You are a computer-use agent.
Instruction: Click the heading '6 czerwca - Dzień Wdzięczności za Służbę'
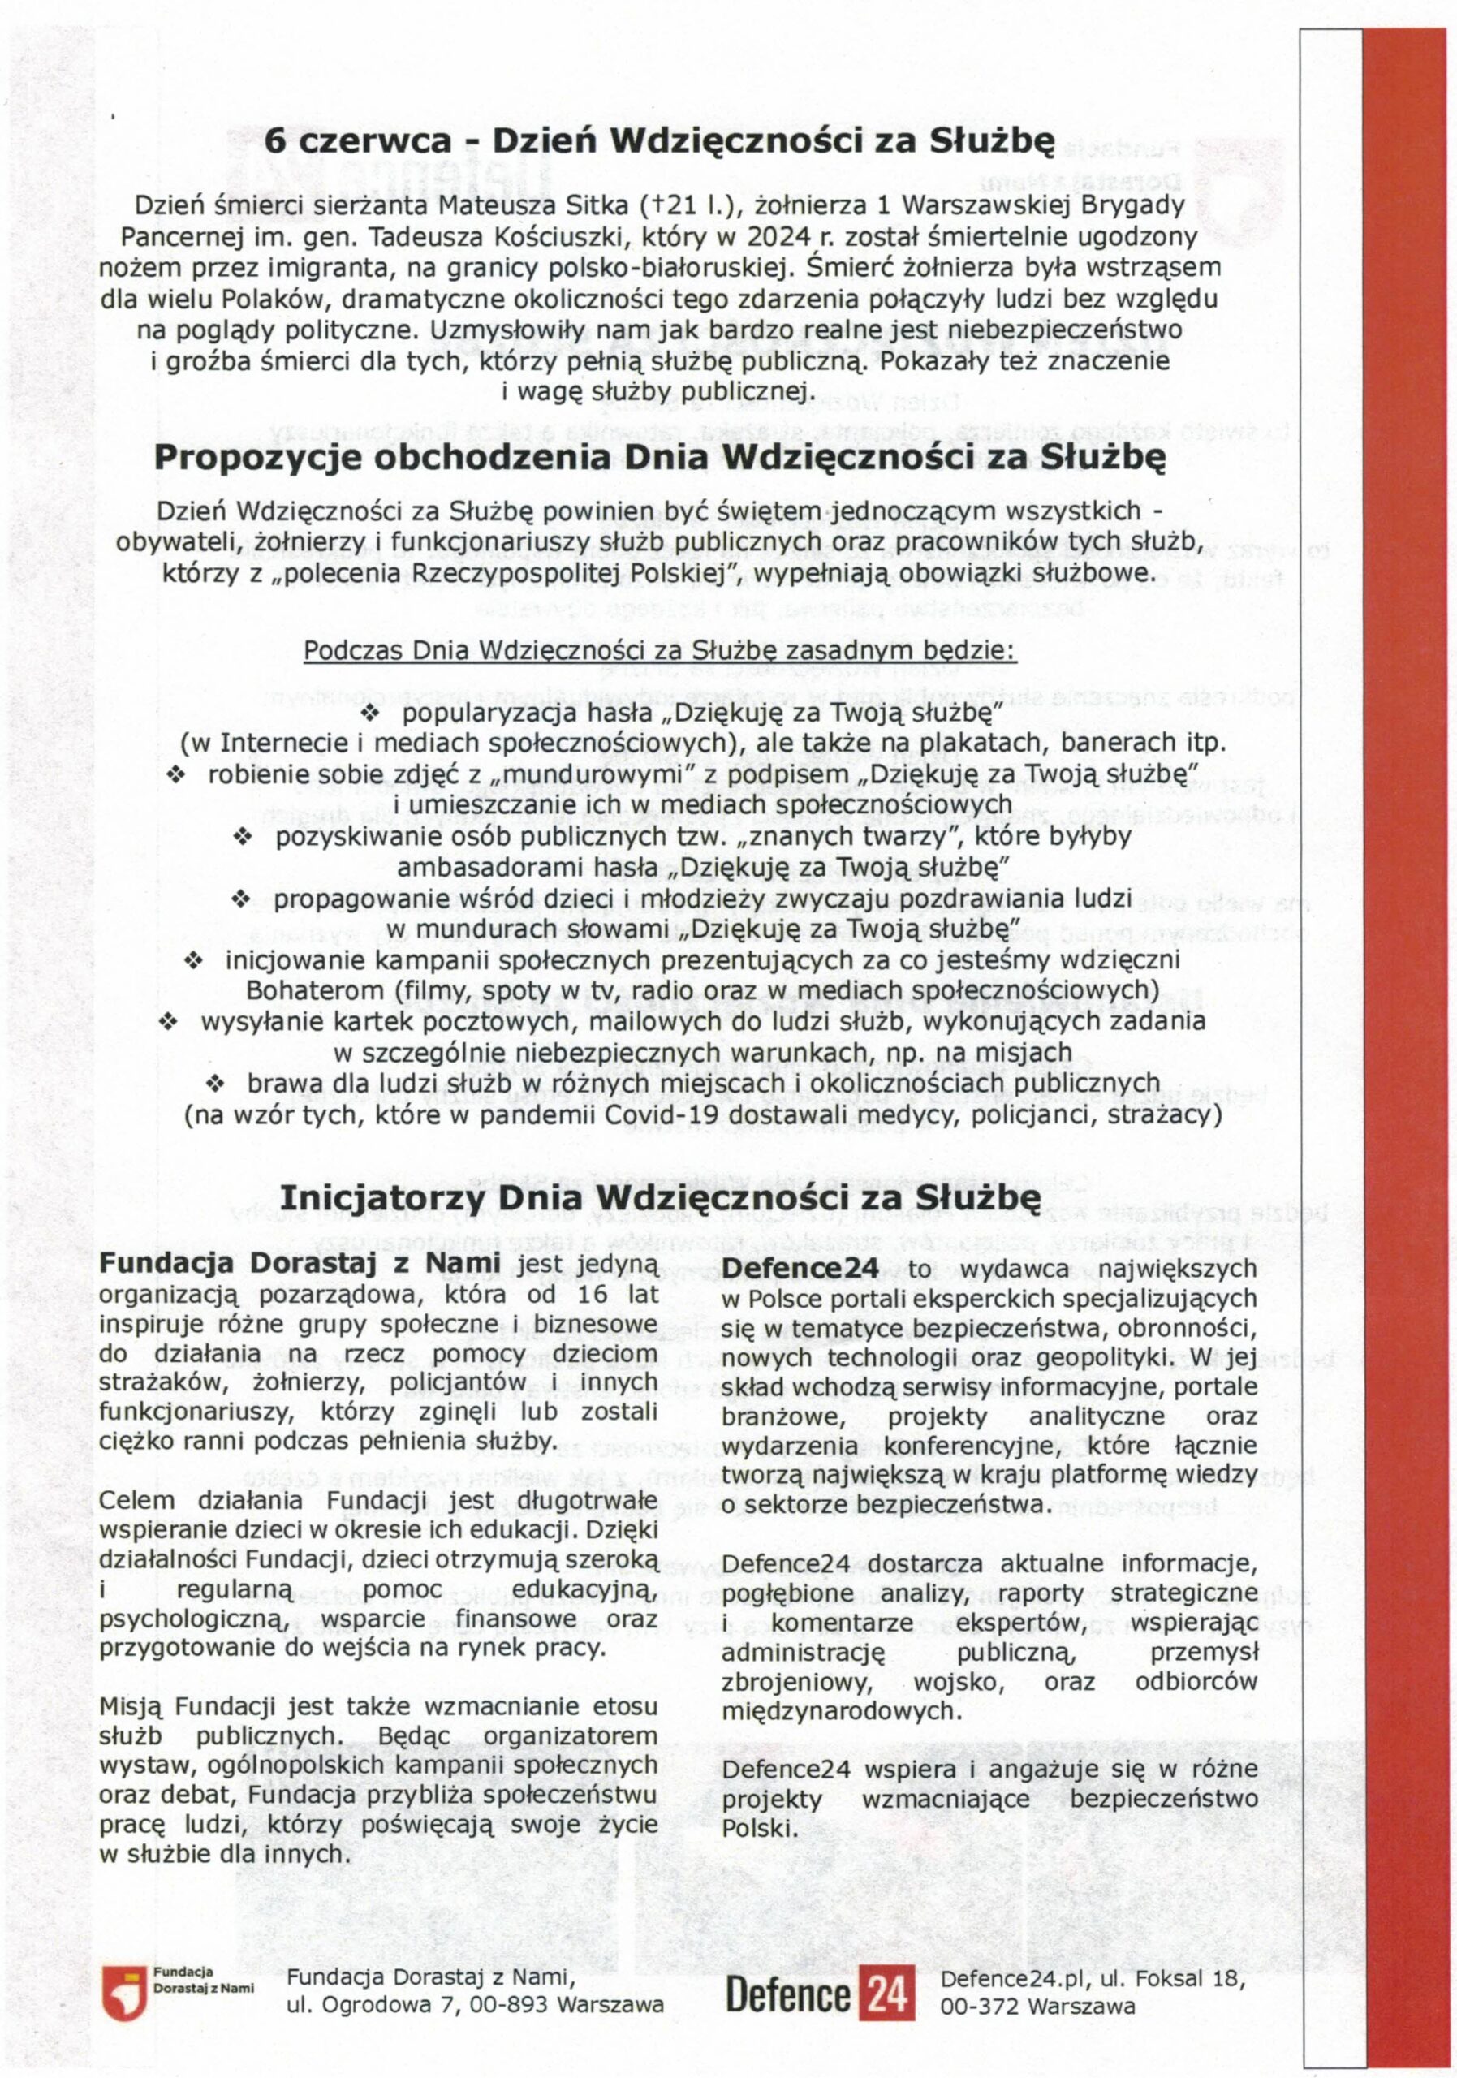pos(659,142)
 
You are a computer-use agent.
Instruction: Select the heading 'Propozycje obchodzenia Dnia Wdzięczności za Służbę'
pos(660,457)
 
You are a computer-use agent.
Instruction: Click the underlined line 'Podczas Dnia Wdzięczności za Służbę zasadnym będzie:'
pos(660,651)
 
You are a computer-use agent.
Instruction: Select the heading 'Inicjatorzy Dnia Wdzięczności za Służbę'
pos(660,1197)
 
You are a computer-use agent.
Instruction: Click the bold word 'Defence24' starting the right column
pos(800,1270)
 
